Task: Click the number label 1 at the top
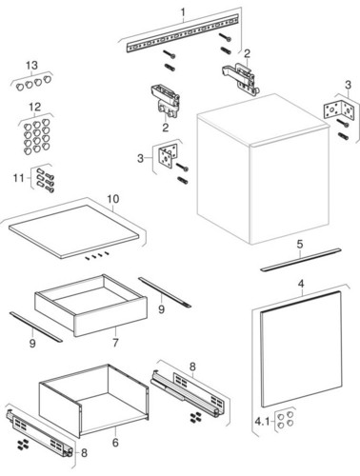183,12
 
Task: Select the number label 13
31,66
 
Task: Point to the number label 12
35,107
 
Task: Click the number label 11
19,178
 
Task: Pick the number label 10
113,199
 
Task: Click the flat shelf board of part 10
73,231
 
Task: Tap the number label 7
115,343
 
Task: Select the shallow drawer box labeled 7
91,305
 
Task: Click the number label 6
115,442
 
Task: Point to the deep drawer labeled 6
93,401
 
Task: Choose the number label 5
300,244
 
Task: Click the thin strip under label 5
301,260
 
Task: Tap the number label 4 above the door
301,284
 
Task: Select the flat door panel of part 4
302,349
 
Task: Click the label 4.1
262,422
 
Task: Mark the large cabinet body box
264,169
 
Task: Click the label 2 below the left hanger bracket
166,128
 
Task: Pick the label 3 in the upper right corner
349,85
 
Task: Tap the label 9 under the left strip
32,344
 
